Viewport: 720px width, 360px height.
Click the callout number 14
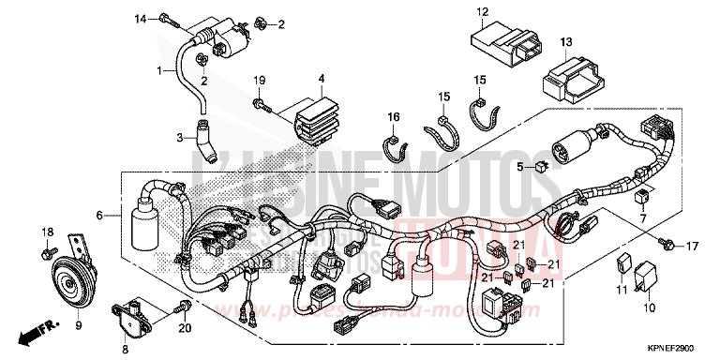point(140,19)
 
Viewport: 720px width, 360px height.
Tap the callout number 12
point(482,12)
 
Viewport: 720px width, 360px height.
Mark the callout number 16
point(394,116)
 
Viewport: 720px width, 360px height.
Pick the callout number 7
point(644,217)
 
